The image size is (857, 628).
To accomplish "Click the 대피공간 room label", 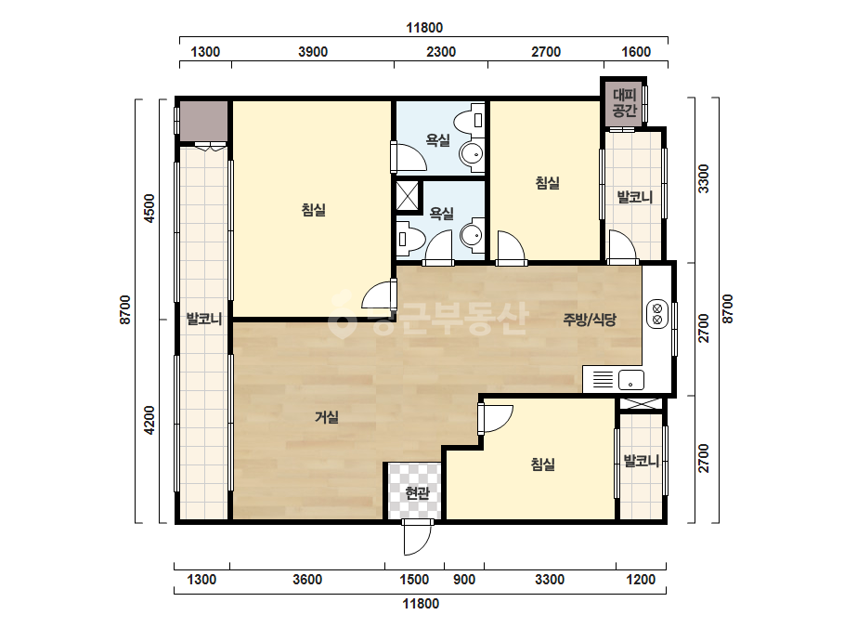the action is (624, 103).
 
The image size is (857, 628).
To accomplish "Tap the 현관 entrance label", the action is (417, 493).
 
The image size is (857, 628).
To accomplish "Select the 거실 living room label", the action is (326, 417).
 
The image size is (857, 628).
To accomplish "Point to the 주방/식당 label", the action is (590, 320).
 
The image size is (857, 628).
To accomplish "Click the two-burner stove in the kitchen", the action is (657, 313).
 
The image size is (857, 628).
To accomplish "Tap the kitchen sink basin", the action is (630, 380).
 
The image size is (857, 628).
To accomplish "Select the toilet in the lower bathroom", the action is (410, 239).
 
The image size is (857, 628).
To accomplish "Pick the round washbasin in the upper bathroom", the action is (470, 154).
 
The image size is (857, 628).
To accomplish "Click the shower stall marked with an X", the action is (409, 195).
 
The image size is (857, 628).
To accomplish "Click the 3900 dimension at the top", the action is (313, 52).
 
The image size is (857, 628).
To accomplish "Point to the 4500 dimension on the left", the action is (149, 208).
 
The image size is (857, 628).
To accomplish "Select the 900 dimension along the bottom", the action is (464, 580).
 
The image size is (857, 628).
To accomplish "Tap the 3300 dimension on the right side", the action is (704, 178).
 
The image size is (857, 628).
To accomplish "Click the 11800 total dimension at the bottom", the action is (421, 604).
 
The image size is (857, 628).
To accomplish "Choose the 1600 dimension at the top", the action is (636, 52).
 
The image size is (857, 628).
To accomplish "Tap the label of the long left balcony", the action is (204, 319).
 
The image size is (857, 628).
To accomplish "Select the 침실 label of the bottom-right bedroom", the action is (543, 464).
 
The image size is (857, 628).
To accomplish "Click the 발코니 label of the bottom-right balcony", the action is (641, 461).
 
